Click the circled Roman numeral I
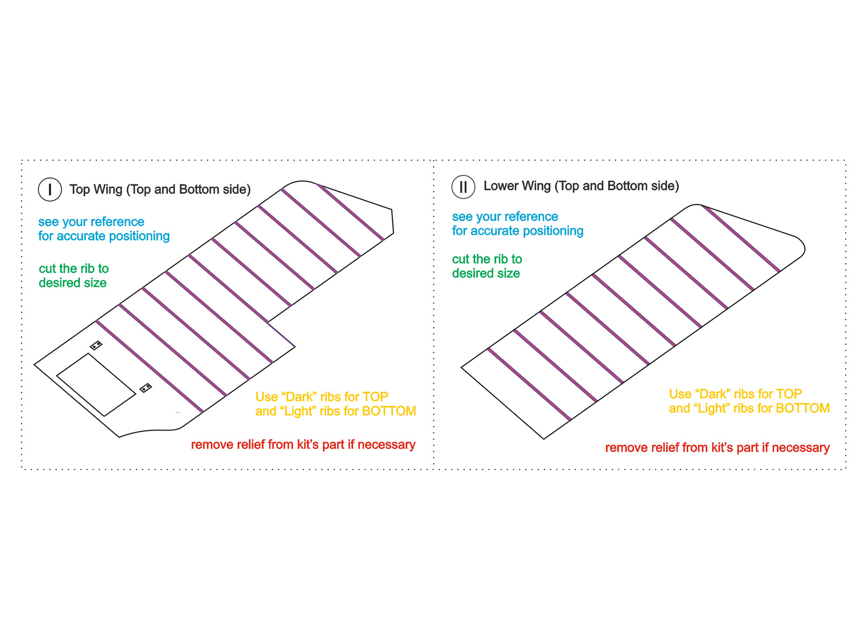(50, 189)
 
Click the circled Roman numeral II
(463, 187)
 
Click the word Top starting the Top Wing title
(80, 189)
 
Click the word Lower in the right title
(500, 186)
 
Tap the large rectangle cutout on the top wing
(96, 385)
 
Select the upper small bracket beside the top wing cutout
(96, 345)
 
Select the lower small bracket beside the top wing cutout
(146, 388)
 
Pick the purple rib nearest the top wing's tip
(350, 211)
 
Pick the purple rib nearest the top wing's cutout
(149, 366)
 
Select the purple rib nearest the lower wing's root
(529, 384)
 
